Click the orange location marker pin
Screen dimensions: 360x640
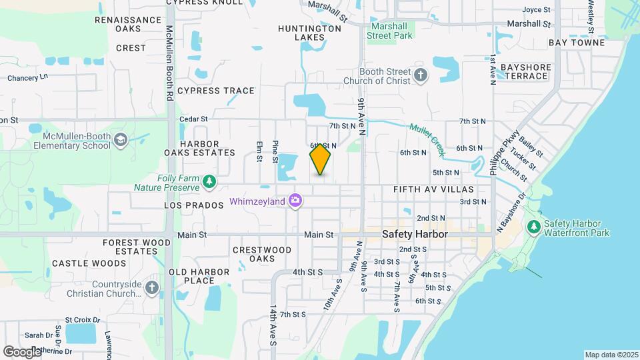pos(320,159)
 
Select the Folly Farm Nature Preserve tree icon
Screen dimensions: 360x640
pos(209,181)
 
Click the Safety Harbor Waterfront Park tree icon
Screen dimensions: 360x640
pos(533,227)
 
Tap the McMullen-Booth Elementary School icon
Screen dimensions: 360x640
pos(120,140)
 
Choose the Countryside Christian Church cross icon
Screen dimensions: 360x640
pos(152,288)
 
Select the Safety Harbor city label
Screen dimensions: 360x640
pos(415,235)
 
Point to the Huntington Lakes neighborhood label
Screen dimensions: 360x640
pos(310,33)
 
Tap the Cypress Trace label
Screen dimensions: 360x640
pos(215,91)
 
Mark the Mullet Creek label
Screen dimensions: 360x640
pos(427,139)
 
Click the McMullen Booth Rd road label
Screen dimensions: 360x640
pos(169,63)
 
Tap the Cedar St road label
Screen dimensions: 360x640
pos(194,119)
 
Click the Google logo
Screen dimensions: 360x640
pos(22,352)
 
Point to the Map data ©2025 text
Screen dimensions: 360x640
pos(610,355)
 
